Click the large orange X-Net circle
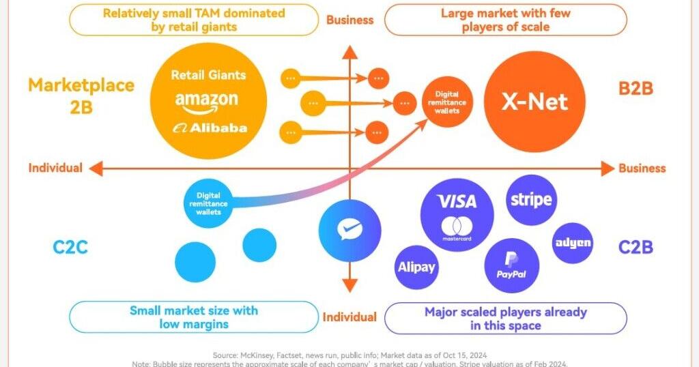click(x=534, y=102)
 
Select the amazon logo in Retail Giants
click(x=207, y=101)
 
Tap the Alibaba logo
click(x=210, y=128)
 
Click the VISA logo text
click(x=457, y=201)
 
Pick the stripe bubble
click(x=531, y=201)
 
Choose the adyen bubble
click(x=572, y=244)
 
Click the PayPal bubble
click(x=511, y=265)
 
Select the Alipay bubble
click(x=416, y=267)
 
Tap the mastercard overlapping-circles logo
click(x=457, y=227)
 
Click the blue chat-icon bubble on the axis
click(x=349, y=231)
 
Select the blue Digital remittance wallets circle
click(x=210, y=203)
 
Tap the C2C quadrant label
click(x=70, y=247)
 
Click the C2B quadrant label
click(x=636, y=247)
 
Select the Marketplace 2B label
click(x=81, y=96)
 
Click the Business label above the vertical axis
click(x=349, y=20)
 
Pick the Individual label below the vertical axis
click(x=349, y=317)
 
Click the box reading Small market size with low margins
click(x=194, y=317)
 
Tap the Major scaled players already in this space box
click(x=505, y=319)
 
